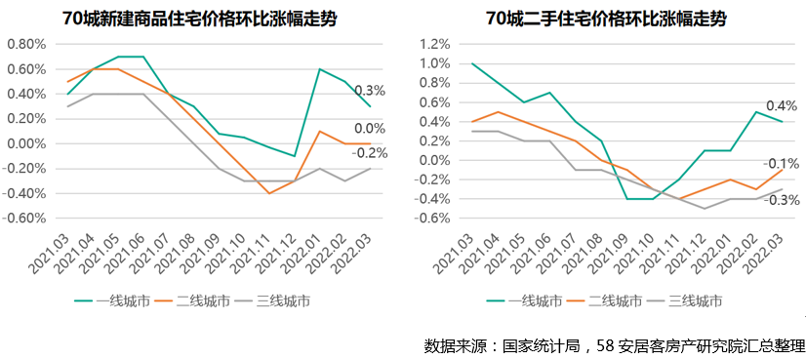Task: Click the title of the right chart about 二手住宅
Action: pos(602,19)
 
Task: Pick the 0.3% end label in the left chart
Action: pos(370,91)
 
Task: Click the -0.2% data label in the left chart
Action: pos(370,153)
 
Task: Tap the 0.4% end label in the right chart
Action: pos(783,105)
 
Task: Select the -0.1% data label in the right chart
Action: pos(782,163)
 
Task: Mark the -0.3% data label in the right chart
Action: pos(782,200)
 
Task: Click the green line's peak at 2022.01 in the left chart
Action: pos(320,69)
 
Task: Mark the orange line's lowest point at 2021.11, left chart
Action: pos(269,193)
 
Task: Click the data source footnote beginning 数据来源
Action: pos(614,345)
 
